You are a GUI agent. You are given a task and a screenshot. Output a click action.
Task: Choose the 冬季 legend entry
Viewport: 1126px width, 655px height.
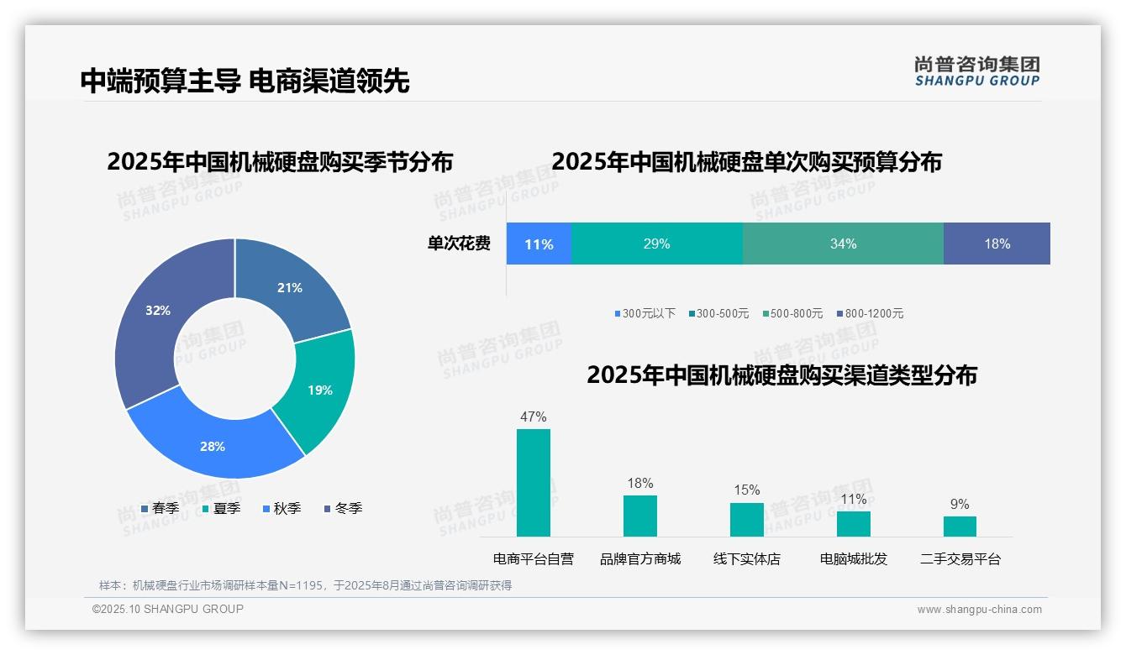pyautogui.click(x=343, y=508)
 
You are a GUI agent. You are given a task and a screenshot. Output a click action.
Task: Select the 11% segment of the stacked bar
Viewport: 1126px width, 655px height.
pyautogui.click(x=539, y=244)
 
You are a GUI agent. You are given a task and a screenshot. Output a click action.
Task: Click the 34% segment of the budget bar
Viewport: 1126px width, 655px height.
pyautogui.click(x=843, y=244)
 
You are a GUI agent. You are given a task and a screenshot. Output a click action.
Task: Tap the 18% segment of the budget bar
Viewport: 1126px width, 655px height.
pyautogui.click(x=997, y=244)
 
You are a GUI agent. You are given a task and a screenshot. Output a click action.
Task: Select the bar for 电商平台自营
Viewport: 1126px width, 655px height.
pyautogui.click(x=534, y=483)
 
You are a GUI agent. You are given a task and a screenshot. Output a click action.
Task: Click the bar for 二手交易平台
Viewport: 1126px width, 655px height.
pyautogui.click(x=960, y=527)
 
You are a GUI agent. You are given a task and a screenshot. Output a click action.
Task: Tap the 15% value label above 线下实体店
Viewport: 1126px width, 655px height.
pyautogui.click(x=746, y=490)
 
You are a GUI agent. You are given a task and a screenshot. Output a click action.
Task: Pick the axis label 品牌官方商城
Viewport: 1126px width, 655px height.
pyautogui.click(x=640, y=558)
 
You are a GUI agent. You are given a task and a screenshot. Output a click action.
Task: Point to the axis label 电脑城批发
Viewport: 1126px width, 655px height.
pyautogui.click(x=853, y=558)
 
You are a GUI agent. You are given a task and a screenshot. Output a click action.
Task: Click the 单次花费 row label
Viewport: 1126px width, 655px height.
pyautogui.click(x=459, y=244)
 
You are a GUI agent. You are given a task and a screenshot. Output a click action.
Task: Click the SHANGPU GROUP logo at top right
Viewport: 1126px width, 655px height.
pyautogui.click(x=976, y=71)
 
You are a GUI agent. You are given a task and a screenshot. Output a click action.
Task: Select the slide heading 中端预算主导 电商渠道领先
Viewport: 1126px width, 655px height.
pyautogui.click(x=245, y=81)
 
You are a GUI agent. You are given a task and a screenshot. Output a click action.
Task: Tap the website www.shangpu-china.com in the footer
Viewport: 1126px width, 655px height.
pyautogui.click(x=979, y=610)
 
